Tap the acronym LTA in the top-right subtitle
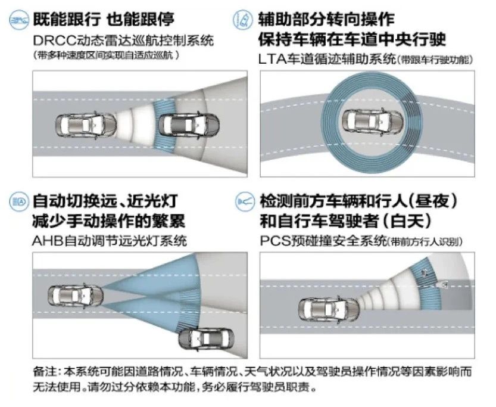point(272,59)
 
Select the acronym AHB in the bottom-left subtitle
point(48,241)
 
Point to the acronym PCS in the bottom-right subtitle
point(275,241)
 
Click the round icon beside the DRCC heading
point(19,20)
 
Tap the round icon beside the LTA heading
point(244,20)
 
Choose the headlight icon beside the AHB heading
point(19,202)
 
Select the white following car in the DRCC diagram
point(86,125)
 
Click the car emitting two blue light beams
point(76,296)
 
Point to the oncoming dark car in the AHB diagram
point(205,339)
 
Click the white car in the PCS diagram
point(329,309)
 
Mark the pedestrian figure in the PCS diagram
point(424,273)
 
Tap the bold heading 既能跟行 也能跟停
point(104,19)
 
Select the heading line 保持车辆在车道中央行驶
point(352,39)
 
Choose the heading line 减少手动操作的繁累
point(108,221)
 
